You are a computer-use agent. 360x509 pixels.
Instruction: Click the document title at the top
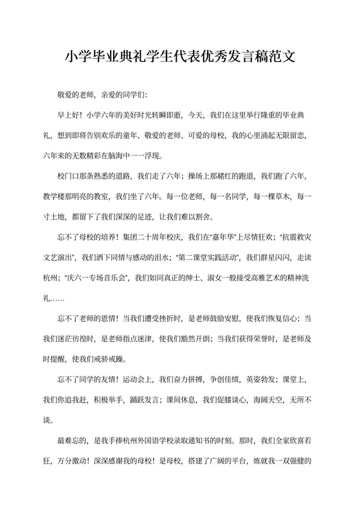click(x=180, y=56)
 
